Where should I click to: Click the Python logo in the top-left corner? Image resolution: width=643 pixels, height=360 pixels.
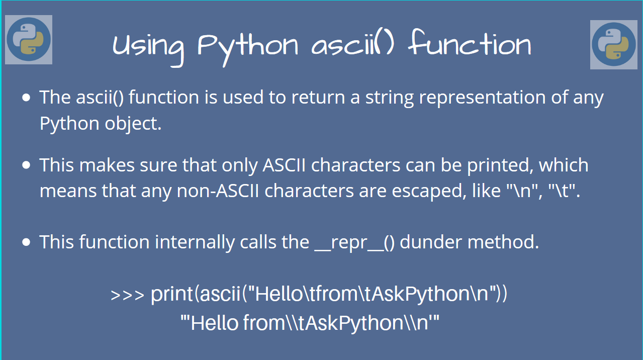click(29, 40)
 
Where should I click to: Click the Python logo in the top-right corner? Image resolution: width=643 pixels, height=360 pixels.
click(614, 45)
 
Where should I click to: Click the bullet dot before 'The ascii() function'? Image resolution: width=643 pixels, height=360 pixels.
click(26, 98)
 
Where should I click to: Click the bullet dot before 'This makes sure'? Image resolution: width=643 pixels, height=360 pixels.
click(26, 165)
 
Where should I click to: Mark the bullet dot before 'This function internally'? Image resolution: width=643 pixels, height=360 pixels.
click(26, 242)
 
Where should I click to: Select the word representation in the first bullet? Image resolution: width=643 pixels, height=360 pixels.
click(482, 98)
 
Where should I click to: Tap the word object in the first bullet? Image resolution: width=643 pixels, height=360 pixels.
click(133, 124)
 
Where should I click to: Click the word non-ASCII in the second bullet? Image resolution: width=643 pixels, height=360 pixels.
click(218, 191)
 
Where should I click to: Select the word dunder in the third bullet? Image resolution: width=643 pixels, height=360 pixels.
click(431, 242)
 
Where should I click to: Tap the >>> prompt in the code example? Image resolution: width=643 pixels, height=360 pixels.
click(127, 295)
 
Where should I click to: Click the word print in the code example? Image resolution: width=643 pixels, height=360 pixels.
click(171, 295)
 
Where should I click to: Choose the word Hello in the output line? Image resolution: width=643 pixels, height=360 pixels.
click(215, 323)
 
